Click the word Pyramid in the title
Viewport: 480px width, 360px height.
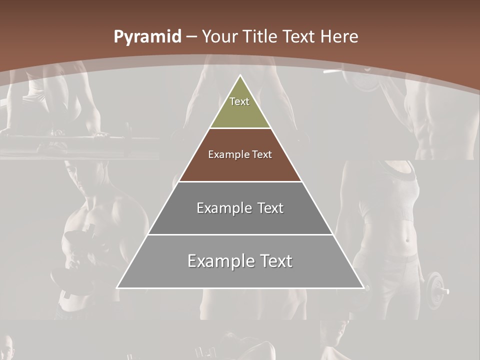click(147, 37)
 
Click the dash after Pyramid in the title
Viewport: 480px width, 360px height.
click(191, 37)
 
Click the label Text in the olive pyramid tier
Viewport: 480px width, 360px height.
click(239, 101)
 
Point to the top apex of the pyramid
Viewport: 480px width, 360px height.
click(240, 75)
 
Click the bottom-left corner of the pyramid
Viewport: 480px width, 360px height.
click(117, 287)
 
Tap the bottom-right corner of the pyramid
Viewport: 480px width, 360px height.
click(363, 287)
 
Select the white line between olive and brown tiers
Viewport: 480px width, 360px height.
click(240, 128)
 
